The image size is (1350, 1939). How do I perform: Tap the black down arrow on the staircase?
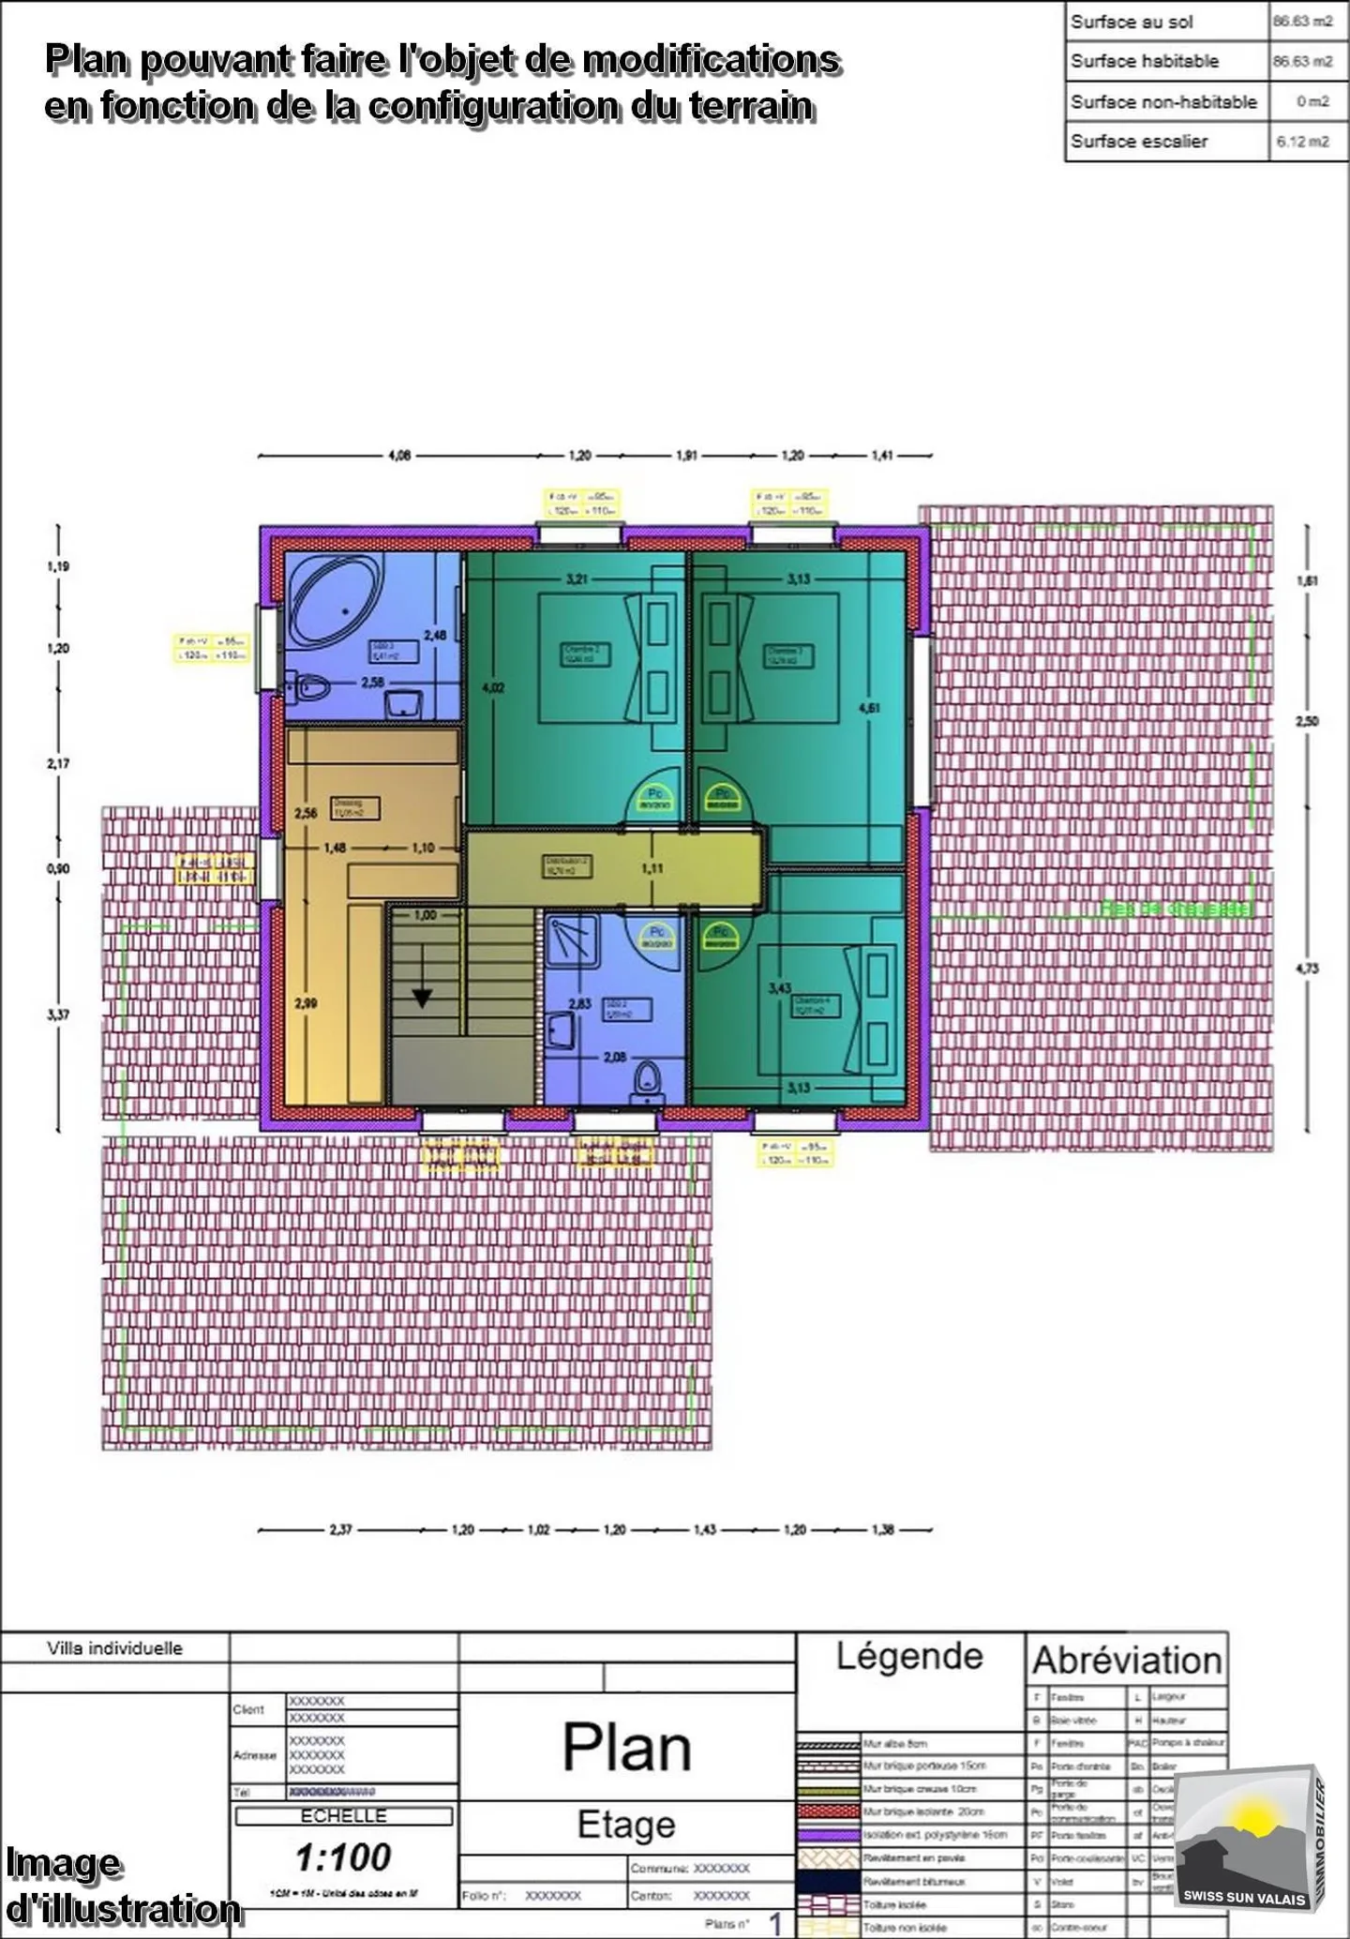pos(422,998)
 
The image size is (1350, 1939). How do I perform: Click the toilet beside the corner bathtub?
pos(308,689)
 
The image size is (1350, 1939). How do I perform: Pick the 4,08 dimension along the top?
pos(399,456)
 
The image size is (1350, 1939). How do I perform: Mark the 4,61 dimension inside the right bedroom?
pos(869,708)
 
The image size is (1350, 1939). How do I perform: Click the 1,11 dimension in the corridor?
pos(652,868)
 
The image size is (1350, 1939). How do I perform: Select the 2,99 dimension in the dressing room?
pos(306,1003)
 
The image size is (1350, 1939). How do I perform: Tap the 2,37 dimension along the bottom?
pos(340,1529)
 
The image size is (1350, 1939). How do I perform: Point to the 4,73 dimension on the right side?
pos(1307,969)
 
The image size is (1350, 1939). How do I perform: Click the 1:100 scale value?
pos(343,1856)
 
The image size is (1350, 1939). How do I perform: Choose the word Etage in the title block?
pos(626,1825)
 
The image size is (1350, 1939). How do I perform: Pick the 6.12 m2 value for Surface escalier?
pos(1302,142)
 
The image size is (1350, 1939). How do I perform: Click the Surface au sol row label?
pos(1132,22)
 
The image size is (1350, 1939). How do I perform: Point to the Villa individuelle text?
pos(114,1648)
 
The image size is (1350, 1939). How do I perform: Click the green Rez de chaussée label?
pos(1175,908)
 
